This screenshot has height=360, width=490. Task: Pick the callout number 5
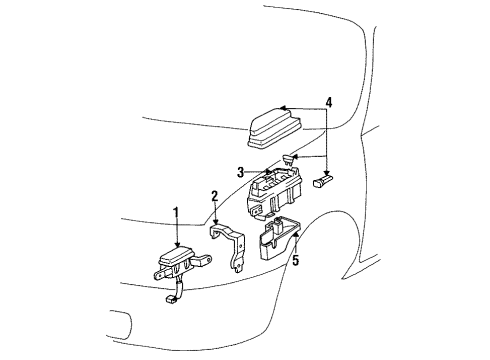point(295,260)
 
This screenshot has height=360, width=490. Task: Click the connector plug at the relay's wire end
point(170,297)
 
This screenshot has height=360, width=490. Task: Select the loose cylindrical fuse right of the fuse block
point(325,182)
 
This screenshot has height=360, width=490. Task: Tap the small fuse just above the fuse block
point(291,158)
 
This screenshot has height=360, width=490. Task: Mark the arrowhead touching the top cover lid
point(283,107)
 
